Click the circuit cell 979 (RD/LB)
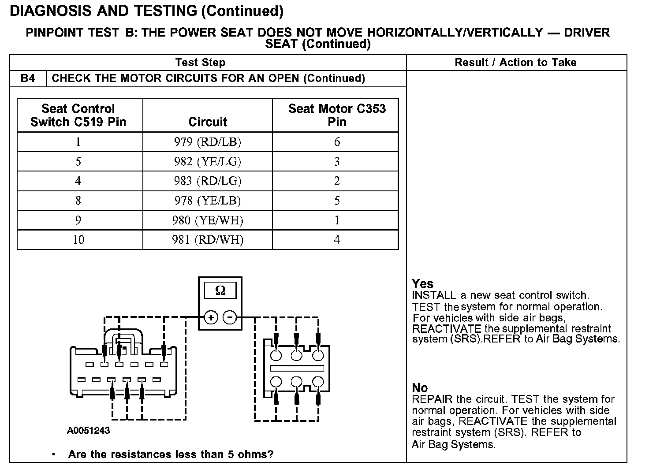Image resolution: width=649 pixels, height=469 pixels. (x=207, y=142)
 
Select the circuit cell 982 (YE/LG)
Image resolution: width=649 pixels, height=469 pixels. (x=207, y=161)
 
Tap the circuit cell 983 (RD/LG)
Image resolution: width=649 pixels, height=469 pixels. (x=207, y=181)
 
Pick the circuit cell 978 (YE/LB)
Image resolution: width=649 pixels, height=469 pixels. (x=207, y=201)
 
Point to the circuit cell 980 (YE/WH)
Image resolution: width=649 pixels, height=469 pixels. (x=207, y=220)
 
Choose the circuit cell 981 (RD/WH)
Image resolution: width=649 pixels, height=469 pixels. (x=207, y=240)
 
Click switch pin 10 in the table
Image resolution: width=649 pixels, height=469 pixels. (x=78, y=240)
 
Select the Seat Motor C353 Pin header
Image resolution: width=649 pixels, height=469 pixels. (x=337, y=115)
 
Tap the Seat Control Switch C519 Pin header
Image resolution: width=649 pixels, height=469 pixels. (x=78, y=115)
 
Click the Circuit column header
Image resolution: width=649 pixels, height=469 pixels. (x=207, y=122)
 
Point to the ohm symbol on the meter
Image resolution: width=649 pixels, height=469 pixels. (x=220, y=290)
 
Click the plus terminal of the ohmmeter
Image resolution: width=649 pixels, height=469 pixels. (x=211, y=317)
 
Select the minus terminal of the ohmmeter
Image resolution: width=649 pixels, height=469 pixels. (x=229, y=317)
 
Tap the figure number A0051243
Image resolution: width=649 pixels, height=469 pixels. (x=88, y=430)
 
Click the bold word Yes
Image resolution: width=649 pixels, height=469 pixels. (x=422, y=284)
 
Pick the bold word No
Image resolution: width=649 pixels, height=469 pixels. (x=420, y=388)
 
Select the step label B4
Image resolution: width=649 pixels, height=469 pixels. (x=28, y=78)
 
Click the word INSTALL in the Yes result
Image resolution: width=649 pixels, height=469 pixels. (x=434, y=295)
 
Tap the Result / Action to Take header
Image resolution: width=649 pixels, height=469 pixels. (x=515, y=63)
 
